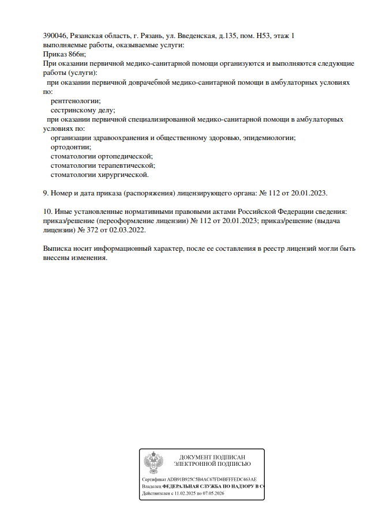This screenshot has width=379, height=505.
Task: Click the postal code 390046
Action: tap(55, 36)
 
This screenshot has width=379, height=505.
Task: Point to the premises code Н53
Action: tap(262, 36)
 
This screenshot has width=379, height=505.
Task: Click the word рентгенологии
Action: tap(75, 101)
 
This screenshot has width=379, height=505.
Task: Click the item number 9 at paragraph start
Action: tap(46, 193)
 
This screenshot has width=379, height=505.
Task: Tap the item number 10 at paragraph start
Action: tap(47, 212)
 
